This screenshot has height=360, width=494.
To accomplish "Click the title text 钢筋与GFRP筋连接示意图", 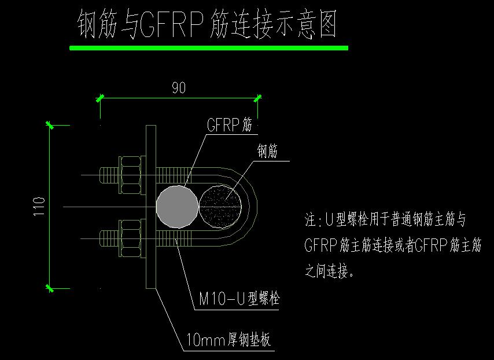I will click(x=207, y=25).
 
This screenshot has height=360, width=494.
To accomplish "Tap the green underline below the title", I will click(x=208, y=48).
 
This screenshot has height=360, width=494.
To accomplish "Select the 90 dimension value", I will click(x=179, y=88).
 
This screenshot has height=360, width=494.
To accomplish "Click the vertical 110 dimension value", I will click(x=39, y=207).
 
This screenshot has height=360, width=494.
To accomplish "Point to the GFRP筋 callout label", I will click(x=230, y=126).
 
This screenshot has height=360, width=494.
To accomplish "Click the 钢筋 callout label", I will click(x=267, y=152).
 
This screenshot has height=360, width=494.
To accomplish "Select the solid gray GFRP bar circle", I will click(x=177, y=206).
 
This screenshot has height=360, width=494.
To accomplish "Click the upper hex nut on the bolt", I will click(x=130, y=174).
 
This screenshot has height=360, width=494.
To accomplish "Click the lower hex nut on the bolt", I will click(x=130, y=237).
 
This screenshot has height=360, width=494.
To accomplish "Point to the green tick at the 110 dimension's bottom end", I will click(x=50, y=288).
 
